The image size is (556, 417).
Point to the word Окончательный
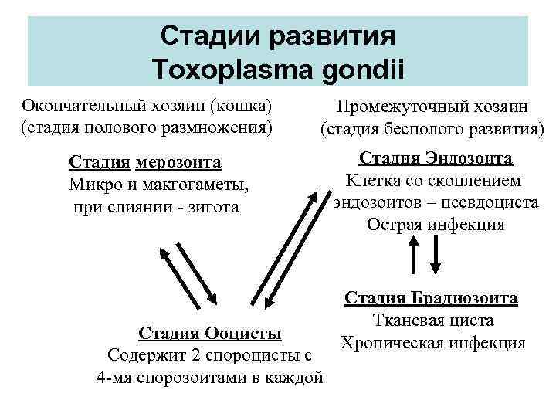[80, 105]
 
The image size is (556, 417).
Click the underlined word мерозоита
[178, 163]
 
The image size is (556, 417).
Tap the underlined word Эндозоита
[470, 159]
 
